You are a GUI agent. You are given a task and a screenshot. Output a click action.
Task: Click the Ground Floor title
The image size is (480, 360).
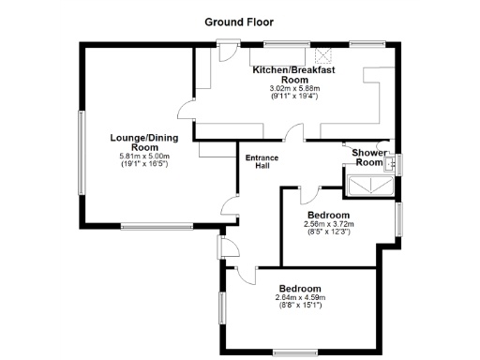point(239,21)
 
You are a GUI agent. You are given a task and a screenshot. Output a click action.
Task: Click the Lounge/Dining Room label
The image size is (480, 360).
point(142,142)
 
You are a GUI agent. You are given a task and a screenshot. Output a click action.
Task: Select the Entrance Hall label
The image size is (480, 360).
point(262,162)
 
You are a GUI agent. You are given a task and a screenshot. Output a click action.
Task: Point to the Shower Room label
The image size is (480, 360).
point(367,157)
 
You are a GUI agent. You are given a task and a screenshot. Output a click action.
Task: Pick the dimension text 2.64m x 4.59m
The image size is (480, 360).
point(299,297)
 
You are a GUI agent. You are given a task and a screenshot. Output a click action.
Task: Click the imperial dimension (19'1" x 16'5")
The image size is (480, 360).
point(142,164)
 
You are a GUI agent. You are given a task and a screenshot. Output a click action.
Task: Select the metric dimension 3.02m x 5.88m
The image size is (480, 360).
point(294,88)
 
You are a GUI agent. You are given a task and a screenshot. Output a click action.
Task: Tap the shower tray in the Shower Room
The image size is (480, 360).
point(368,186)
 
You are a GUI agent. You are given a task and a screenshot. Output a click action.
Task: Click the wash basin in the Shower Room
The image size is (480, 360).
point(392,164)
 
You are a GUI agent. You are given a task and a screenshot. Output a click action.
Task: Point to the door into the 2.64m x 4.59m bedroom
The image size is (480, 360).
point(246,273)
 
